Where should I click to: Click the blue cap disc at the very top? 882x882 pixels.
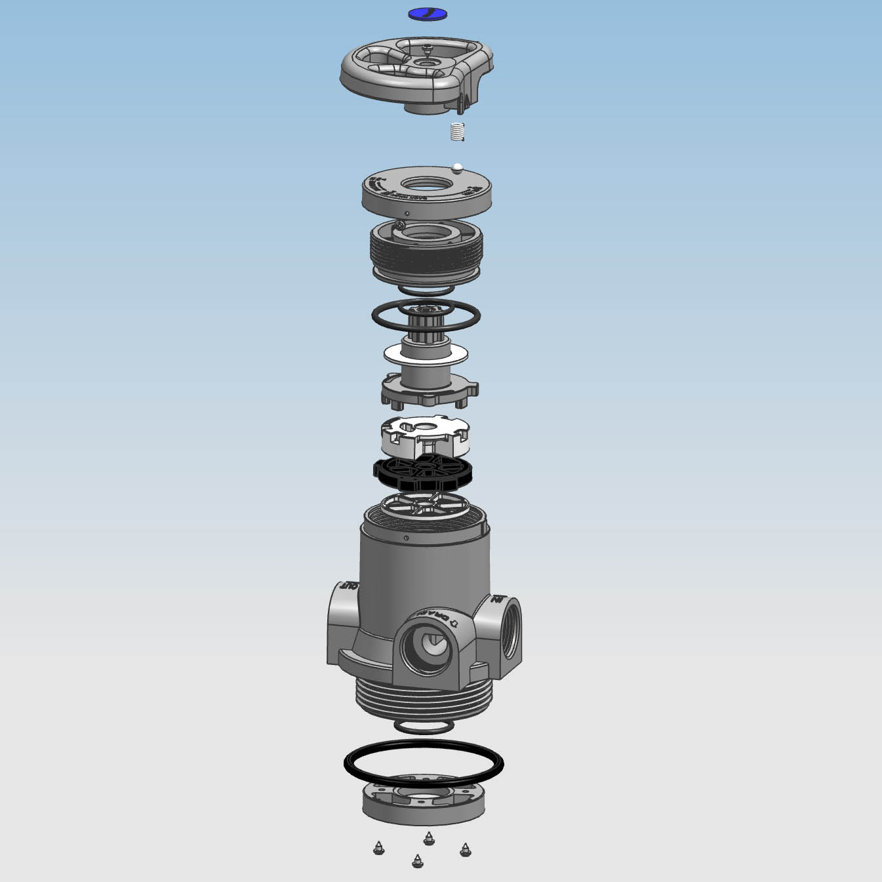tap(427, 13)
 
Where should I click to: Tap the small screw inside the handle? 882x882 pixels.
tap(428, 47)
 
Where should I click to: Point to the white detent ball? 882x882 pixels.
tap(458, 167)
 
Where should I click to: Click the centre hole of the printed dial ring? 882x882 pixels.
tap(426, 186)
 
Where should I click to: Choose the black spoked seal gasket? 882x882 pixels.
tap(423, 473)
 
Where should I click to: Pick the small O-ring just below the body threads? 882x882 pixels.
tap(424, 727)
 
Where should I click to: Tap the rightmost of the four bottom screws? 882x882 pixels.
tap(466, 851)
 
